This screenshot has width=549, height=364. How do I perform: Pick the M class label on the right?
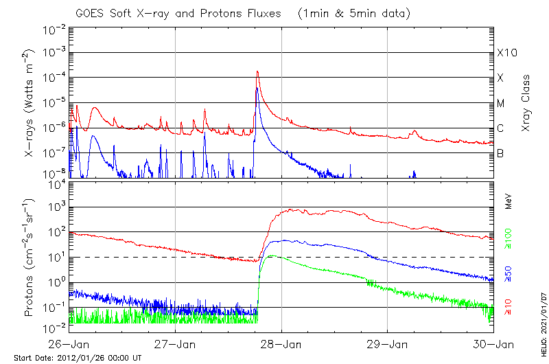point(501,103)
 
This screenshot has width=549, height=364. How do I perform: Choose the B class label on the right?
point(500,153)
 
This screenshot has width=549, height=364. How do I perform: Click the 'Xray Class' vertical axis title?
point(526,104)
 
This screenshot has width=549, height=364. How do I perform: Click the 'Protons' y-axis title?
point(30,258)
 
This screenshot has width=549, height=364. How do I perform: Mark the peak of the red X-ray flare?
point(257,71)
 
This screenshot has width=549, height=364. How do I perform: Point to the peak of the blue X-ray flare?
point(256,89)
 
